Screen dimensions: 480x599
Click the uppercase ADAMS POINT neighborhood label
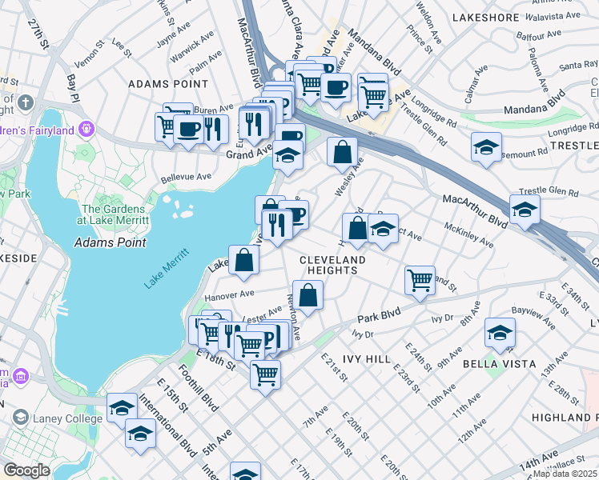(168, 83)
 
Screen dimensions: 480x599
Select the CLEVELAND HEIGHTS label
(332, 266)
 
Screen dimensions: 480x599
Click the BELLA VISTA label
(493, 363)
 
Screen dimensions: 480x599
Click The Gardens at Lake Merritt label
(114, 214)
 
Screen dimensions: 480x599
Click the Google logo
(26, 470)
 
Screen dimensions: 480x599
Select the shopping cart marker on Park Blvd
(420, 281)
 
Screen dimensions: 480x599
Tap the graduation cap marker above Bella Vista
(500, 333)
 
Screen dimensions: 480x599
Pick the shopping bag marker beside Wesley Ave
(342, 151)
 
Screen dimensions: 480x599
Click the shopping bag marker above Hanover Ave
(244, 259)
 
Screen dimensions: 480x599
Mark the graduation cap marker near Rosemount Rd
(485, 147)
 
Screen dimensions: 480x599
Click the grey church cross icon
(26, 103)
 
